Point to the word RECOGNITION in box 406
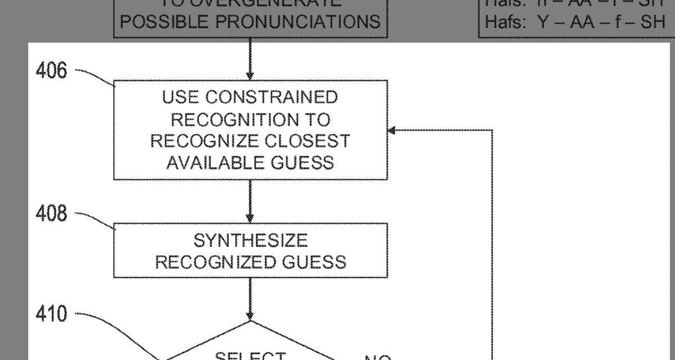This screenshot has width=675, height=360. pyautogui.click(x=251, y=119)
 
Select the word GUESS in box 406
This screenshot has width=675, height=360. pyautogui.click(x=303, y=163)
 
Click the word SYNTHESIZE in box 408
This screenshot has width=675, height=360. pyautogui.click(x=250, y=241)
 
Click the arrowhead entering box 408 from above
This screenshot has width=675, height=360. pyautogui.click(x=250, y=219)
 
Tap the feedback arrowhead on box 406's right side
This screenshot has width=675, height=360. pyautogui.click(x=392, y=130)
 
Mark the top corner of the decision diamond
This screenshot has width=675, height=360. pyautogui.click(x=250, y=322)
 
